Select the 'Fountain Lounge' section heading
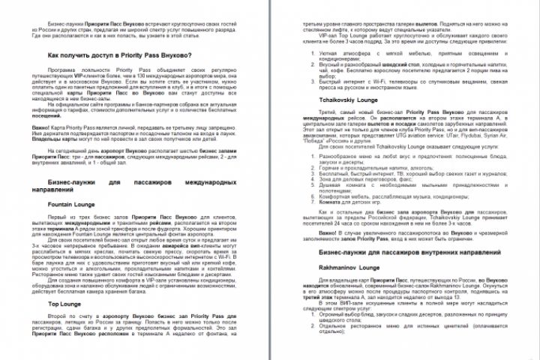point(70,203)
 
